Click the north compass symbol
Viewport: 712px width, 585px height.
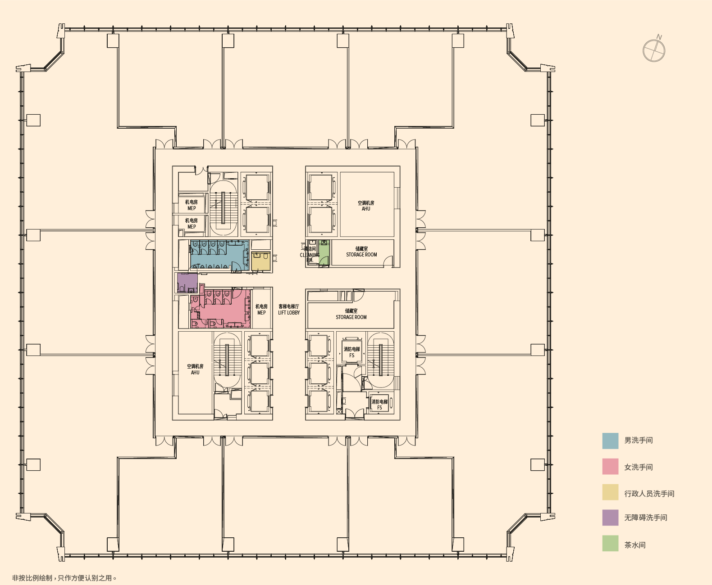[654, 50]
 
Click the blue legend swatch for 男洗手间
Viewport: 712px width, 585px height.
[610, 441]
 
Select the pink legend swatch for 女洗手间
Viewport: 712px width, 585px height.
[610, 467]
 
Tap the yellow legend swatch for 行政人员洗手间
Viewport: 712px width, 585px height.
[610, 492]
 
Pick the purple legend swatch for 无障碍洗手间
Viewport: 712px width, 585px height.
[610, 517]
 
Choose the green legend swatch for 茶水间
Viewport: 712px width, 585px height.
[610, 544]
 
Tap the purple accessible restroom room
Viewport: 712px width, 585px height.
[187, 282]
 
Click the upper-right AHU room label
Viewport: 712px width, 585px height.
[366, 206]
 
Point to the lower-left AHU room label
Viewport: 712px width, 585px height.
[195, 369]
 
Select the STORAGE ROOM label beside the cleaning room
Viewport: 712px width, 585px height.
[361, 252]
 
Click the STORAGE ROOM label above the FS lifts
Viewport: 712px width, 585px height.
[351, 314]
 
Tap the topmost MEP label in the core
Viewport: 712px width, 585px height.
[192, 205]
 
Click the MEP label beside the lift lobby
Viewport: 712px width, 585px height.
[261, 310]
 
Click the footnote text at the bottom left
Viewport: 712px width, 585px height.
[64, 578]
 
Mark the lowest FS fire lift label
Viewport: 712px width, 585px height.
[379, 405]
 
